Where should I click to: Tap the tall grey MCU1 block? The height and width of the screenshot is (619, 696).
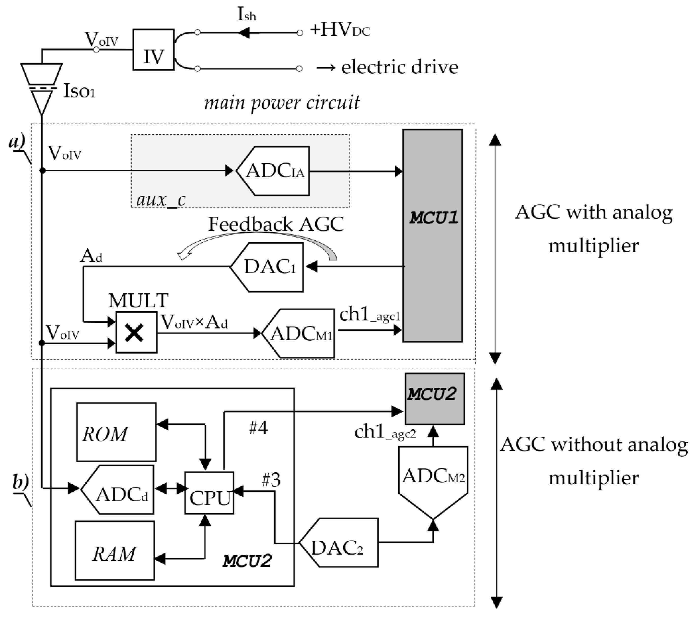432,235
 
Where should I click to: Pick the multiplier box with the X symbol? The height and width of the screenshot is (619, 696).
136,332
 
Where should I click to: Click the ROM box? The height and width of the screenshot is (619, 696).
116,432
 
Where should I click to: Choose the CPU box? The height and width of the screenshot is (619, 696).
209,493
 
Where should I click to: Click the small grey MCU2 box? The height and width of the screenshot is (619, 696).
434,399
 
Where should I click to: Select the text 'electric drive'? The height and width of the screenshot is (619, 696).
399,67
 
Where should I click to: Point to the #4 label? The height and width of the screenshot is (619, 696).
258,428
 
